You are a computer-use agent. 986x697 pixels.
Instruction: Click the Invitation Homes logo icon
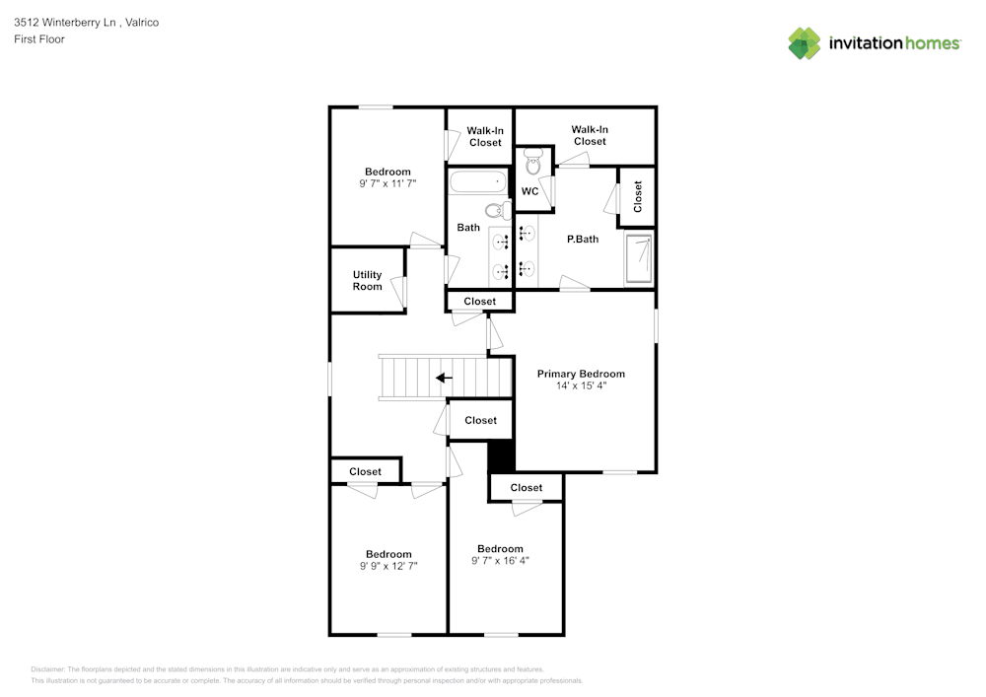click(804, 43)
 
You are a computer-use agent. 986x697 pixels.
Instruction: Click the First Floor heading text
click(38, 39)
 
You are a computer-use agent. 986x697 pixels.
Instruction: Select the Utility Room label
click(367, 281)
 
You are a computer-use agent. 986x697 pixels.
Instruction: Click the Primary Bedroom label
click(581, 374)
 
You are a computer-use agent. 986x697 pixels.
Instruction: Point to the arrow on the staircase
click(445, 378)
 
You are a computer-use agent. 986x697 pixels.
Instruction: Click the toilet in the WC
click(533, 163)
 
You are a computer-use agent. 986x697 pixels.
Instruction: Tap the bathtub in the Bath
click(475, 183)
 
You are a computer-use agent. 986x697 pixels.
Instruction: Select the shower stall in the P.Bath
click(639, 258)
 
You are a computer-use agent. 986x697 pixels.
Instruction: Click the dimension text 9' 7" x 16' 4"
click(500, 561)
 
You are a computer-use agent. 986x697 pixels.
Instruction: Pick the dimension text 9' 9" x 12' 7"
click(388, 566)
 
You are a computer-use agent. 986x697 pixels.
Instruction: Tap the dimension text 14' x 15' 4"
click(581, 386)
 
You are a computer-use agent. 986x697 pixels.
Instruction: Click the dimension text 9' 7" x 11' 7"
click(387, 184)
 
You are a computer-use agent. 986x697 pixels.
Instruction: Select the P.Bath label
click(582, 240)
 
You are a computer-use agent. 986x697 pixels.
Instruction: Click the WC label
click(529, 191)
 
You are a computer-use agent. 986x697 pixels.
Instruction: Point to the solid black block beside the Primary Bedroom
click(501, 456)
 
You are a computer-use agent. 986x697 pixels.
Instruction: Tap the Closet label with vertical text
click(638, 196)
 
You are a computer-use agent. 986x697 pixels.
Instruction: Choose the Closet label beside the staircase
click(480, 420)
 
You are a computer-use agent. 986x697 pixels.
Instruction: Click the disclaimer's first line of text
click(287, 668)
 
